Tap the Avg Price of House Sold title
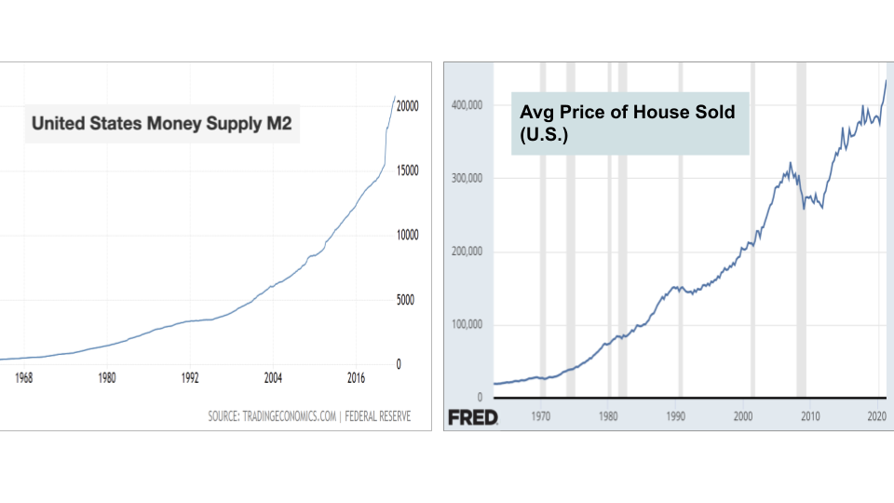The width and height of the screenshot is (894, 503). point(628,122)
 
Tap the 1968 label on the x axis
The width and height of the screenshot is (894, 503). point(24,378)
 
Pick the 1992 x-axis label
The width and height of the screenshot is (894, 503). point(190,378)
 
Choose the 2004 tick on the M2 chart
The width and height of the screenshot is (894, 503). point(273,378)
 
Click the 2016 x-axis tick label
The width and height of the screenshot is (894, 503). point(356,378)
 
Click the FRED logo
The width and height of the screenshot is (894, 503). point(473,417)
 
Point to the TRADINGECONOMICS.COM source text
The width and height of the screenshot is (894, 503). point(288,416)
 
